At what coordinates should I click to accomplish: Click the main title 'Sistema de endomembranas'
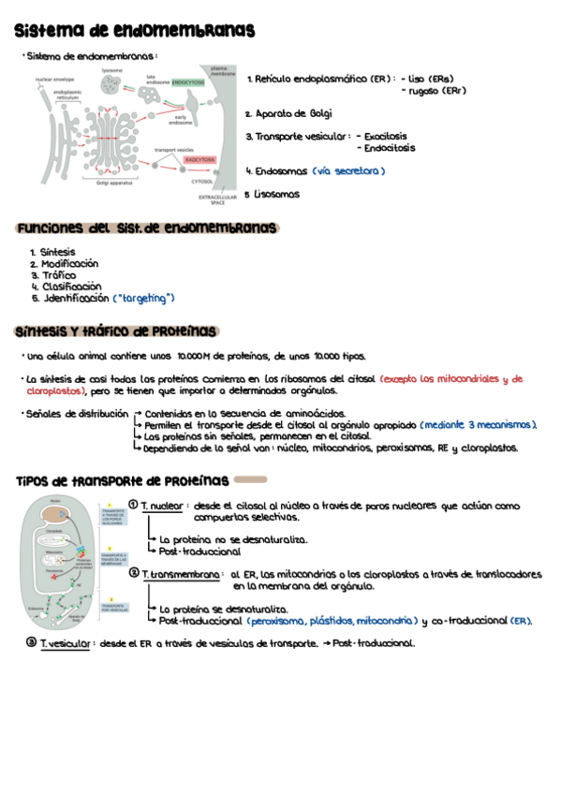[136, 32]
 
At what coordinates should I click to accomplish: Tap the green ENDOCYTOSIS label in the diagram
[188, 82]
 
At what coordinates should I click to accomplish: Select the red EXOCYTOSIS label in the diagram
[199, 160]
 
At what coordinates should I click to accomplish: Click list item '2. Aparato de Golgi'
[288, 113]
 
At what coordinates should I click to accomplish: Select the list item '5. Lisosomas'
[273, 195]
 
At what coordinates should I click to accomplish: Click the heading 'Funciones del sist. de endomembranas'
[147, 228]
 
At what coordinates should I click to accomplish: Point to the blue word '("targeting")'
[143, 298]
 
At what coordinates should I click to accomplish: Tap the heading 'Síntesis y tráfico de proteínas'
[116, 331]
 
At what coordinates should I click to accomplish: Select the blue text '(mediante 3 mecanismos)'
[478, 425]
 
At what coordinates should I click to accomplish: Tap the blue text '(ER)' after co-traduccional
[521, 620]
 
